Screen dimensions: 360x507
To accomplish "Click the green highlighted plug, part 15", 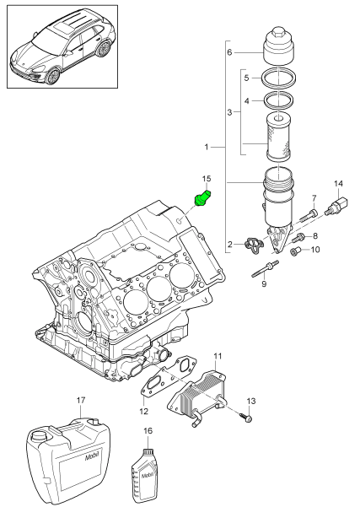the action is (x=202, y=198).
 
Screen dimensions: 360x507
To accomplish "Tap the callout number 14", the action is (x=338, y=184).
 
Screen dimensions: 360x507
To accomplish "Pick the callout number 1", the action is (x=207, y=147).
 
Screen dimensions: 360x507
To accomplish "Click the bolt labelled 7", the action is (x=309, y=215).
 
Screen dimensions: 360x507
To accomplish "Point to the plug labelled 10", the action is (x=295, y=251).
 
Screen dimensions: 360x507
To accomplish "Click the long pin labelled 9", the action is (x=265, y=269).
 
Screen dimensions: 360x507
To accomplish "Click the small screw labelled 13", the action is (x=245, y=418).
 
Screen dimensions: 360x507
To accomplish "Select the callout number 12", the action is (x=144, y=412).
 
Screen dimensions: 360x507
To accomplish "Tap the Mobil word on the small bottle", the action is (x=148, y=476).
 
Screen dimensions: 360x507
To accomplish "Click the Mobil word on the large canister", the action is (x=91, y=457).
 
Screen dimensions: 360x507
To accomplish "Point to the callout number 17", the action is (x=81, y=400).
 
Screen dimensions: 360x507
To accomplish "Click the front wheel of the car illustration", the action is (x=53, y=76).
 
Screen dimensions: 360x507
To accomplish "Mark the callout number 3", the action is (x=229, y=112).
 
